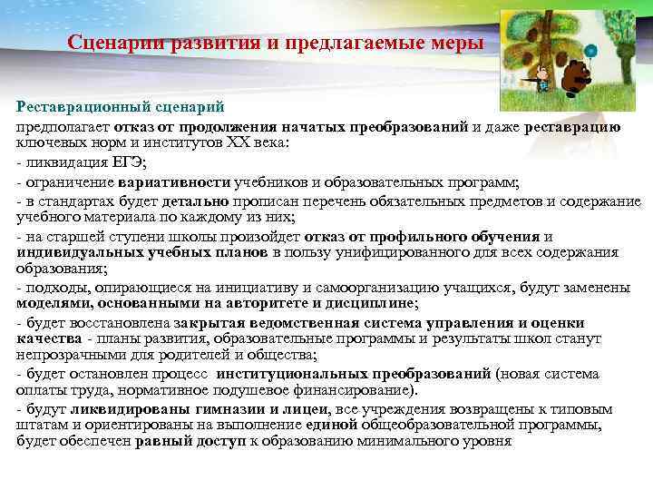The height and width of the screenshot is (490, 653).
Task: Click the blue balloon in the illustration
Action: coord(590,50)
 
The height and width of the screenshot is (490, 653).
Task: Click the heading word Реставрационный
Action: coord(73,107)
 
